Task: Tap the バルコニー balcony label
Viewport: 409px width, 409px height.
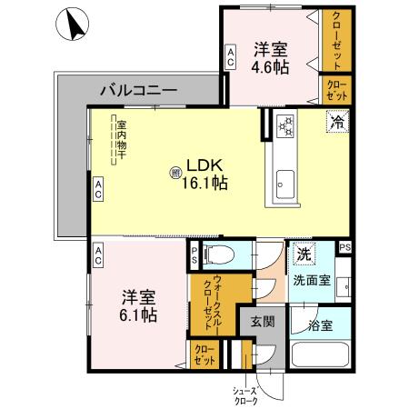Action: [137, 91]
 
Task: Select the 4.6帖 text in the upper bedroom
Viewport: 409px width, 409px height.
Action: [270, 66]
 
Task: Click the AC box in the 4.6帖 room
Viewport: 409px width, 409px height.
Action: [231, 57]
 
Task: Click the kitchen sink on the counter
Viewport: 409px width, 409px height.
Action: [284, 182]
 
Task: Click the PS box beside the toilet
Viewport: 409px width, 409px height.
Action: [194, 257]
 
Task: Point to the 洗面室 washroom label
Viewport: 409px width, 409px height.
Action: [311, 280]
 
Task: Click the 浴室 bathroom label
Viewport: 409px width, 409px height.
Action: [320, 324]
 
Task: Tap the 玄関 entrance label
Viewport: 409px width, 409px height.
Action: [263, 321]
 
